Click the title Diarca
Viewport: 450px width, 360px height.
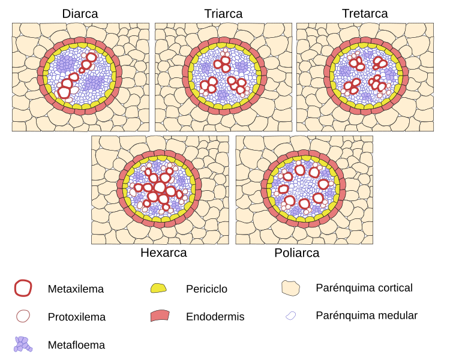coord(80,13)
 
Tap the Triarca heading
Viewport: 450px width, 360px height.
coord(223,13)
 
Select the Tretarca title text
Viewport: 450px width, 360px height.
coord(365,13)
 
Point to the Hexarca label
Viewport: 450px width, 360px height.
coord(163,253)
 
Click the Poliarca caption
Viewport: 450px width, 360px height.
coord(296,253)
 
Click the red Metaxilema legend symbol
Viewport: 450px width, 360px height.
coord(23,288)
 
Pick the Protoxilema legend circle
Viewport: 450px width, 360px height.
coord(23,316)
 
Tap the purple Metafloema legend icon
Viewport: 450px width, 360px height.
coord(23,344)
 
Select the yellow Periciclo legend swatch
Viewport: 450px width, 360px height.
coord(158,288)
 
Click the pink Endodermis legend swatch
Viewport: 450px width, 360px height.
coord(160,316)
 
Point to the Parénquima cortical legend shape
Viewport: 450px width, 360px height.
coord(290,288)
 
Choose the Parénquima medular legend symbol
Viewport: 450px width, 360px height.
coord(290,315)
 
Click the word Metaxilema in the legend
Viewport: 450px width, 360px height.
coord(76,289)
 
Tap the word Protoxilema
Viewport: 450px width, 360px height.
coord(77,317)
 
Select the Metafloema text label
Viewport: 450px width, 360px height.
coord(76,345)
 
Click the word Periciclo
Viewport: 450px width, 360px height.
coord(206,289)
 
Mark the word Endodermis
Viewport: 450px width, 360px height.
coord(215,317)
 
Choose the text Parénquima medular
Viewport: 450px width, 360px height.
coord(366,315)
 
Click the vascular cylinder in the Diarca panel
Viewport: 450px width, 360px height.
coord(79,77)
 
